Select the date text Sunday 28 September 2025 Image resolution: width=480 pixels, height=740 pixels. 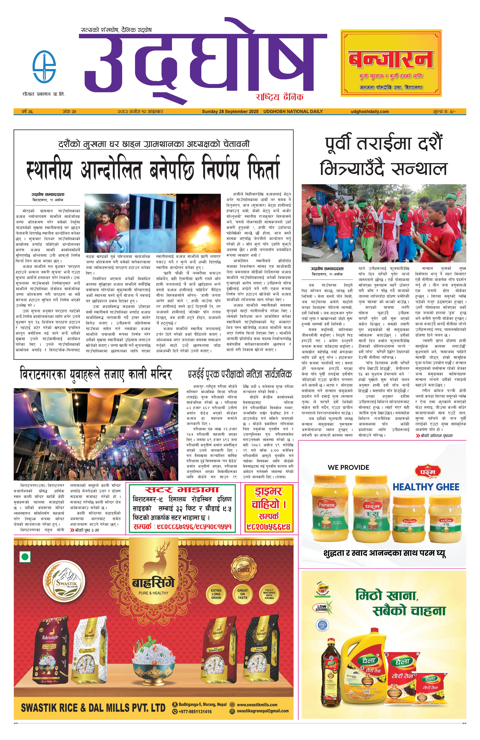[230, 111]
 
